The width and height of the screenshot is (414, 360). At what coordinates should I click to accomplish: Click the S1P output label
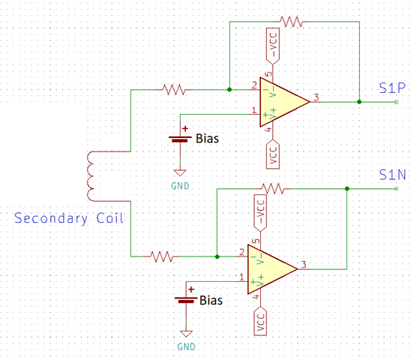[x=392, y=88]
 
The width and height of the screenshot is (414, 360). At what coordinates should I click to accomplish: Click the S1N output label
[x=392, y=175]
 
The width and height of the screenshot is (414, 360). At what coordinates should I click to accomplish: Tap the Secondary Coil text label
[x=69, y=218]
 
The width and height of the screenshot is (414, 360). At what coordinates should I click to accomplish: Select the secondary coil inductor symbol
[x=91, y=176]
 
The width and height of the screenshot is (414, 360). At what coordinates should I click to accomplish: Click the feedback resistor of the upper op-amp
[x=291, y=22]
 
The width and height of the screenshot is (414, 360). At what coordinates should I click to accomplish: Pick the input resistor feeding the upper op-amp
[x=174, y=90]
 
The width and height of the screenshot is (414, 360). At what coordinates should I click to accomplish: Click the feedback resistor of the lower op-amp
[x=272, y=189]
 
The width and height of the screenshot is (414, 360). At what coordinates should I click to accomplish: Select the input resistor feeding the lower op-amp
[x=161, y=256]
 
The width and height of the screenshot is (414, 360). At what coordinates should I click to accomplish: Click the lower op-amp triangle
[x=272, y=269]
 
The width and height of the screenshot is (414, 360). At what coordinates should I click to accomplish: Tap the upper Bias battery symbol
[x=180, y=139]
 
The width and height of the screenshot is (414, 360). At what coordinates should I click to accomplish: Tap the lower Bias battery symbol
[x=186, y=299]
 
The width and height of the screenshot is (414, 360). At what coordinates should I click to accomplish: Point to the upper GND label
[x=180, y=186]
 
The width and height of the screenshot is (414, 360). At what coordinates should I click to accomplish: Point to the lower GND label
[x=186, y=346]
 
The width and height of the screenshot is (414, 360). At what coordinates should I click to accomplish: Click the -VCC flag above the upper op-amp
[x=273, y=46]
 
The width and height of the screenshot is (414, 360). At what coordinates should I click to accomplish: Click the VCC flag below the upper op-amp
[x=273, y=154]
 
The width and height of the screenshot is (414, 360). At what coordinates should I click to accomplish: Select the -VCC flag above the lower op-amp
[x=260, y=212]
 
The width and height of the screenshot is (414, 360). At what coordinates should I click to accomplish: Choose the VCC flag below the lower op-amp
[x=260, y=321]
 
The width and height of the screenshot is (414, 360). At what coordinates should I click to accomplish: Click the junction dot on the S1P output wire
[x=359, y=102]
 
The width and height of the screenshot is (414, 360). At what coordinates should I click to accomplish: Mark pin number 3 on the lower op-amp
[x=304, y=265]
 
